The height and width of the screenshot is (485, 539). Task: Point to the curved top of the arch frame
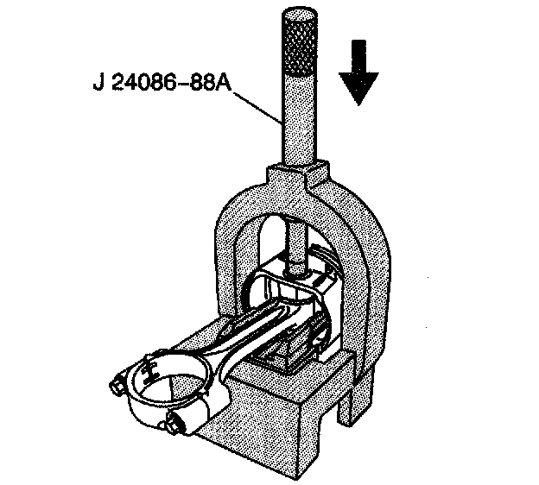click(x=294, y=198)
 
